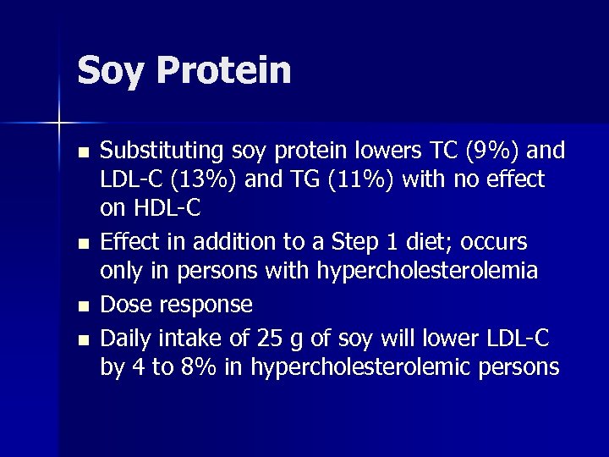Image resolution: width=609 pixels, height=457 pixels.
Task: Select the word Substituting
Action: point(158,151)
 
